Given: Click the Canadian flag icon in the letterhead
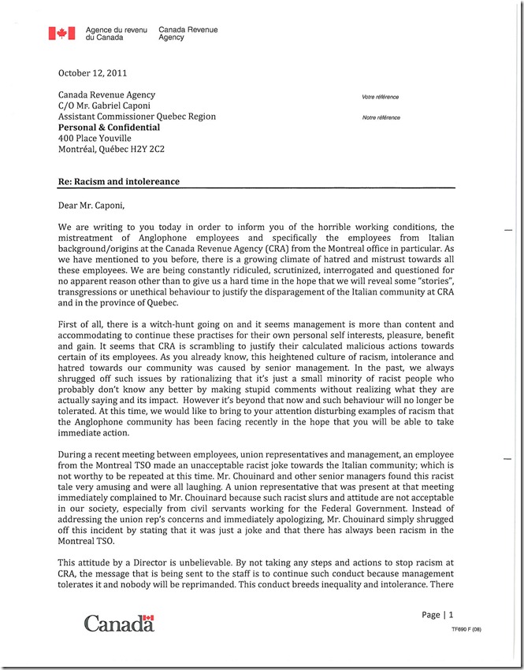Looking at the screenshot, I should coord(61,33).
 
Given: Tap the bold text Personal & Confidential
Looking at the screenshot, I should coord(109,128).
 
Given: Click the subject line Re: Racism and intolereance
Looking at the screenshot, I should coord(119,182).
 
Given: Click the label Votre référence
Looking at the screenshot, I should coord(380,97).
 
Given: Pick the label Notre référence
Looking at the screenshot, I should coord(381,117).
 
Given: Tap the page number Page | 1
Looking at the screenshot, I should coord(438,615).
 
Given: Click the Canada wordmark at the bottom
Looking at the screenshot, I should coord(119,624).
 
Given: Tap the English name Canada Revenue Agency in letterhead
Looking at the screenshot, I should coord(188,33).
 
